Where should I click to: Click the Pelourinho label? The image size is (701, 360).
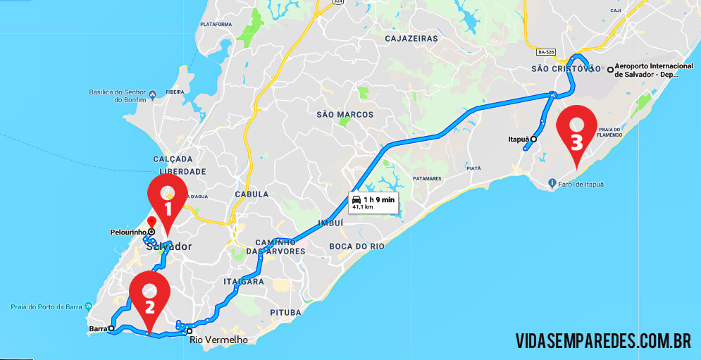tap(128, 232)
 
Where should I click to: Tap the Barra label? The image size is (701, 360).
tap(97, 329)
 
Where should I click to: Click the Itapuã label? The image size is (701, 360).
tap(518, 139)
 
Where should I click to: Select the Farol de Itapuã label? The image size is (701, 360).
tap(579, 185)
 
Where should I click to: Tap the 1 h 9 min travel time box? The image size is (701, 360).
tap(373, 202)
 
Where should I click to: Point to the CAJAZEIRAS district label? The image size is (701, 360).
tap(411, 39)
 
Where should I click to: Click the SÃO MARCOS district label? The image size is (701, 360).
tap(345, 114)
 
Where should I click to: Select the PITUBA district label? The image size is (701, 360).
tap(285, 312)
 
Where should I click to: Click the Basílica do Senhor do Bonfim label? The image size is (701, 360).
tap(117, 95)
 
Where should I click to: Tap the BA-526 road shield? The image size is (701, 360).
tap(547, 52)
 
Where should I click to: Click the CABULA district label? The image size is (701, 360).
tap(252, 194)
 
